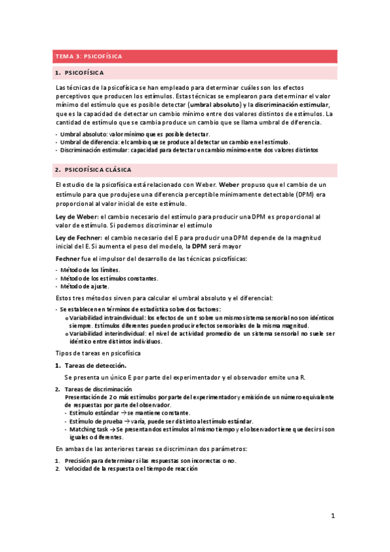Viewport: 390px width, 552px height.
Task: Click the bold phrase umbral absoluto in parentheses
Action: (x=214, y=105)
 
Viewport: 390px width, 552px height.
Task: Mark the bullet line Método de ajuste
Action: (x=85, y=286)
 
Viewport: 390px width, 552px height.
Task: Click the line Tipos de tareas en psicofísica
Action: (x=97, y=353)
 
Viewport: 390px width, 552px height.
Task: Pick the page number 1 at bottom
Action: (x=332, y=516)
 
